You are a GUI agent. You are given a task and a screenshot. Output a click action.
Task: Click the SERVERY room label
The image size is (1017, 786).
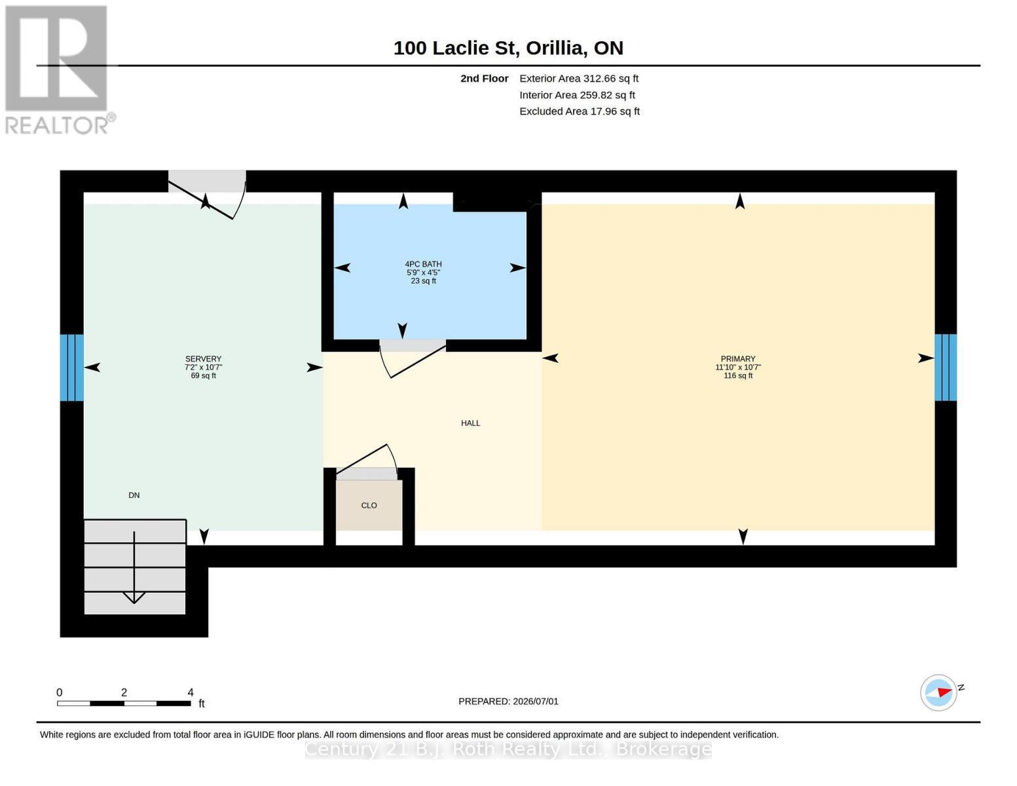coord(203,358)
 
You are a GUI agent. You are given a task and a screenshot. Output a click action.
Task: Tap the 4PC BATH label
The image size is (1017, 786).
coord(423,264)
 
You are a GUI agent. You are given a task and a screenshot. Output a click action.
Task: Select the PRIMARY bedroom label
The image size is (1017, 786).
coord(738,358)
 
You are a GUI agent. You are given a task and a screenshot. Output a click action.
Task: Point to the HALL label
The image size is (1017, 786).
coord(470,423)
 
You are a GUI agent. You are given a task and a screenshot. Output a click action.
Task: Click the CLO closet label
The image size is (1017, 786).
coord(369,505)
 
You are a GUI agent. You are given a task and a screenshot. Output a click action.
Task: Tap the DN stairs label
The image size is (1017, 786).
coord(134,495)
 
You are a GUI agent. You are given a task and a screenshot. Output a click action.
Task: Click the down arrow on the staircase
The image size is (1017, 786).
coord(134,567)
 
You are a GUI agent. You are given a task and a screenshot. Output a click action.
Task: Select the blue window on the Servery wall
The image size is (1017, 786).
coord(71,367)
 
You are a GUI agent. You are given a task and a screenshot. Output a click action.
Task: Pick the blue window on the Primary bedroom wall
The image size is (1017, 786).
coord(946,367)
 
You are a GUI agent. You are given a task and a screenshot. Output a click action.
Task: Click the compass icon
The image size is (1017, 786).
coord(938,693)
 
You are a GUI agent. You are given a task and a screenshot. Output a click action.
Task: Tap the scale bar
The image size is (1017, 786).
coord(124,703)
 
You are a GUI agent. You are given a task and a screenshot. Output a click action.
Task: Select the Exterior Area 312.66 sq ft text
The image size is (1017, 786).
coord(579,79)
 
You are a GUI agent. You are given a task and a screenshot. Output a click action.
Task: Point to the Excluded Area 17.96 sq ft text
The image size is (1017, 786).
coord(580,111)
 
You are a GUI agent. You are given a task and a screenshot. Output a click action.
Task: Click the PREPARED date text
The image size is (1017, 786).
coord(508,702)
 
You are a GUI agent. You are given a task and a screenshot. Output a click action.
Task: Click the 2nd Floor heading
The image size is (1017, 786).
coord(484,79)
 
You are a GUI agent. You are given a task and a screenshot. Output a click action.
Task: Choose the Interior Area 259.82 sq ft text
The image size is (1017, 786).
coord(577,95)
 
